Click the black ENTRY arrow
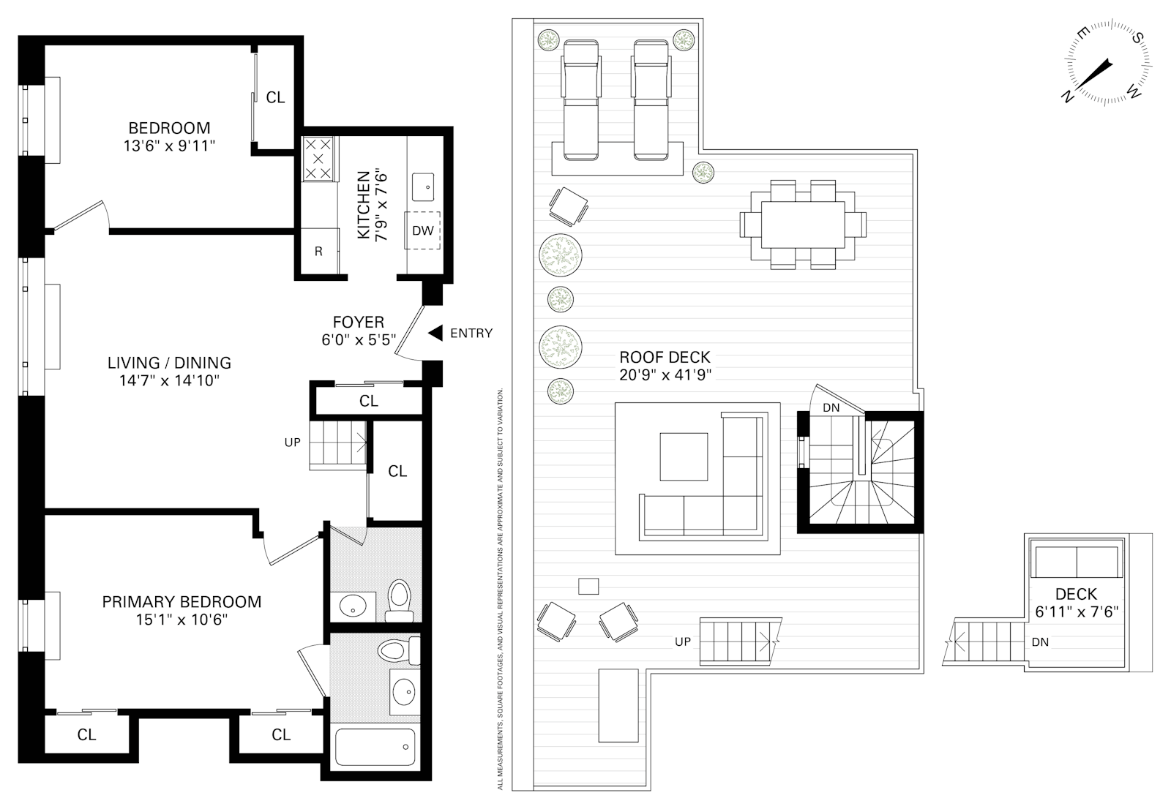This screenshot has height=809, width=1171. point(435,334)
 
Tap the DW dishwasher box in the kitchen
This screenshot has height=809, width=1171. point(423,230)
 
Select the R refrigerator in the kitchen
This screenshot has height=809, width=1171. point(319,251)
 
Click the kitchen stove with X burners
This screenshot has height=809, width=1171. point(318,159)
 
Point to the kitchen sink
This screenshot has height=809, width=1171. point(424,187)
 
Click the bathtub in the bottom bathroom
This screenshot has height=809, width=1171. point(375,746)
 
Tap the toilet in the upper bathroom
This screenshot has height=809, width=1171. point(400,598)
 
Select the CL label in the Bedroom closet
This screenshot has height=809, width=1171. point(275,97)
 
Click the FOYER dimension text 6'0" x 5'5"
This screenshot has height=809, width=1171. point(359,340)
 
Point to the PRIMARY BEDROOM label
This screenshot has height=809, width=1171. point(182,602)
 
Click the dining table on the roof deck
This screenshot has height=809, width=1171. point(803,225)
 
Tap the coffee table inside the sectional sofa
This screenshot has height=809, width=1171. point(684,456)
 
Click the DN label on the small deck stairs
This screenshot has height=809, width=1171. point(1039,642)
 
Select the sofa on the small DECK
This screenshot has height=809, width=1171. point(1076,562)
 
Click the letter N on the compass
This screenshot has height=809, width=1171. point(1069,97)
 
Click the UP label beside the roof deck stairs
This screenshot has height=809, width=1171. point(682,642)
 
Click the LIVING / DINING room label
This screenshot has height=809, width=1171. point(169,363)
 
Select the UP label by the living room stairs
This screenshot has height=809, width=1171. point(292,443)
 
